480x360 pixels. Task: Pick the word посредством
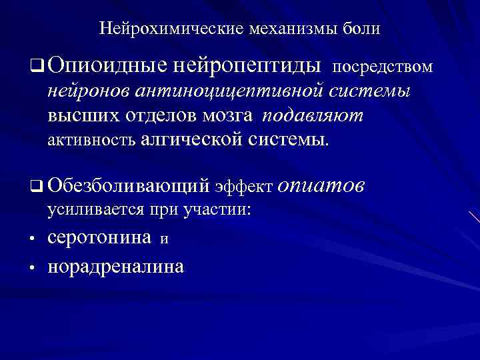click(382, 67)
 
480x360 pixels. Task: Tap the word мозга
click(225, 115)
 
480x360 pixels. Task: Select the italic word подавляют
click(313, 115)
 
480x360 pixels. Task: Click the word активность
click(91, 141)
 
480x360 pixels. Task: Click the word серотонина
click(99, 238)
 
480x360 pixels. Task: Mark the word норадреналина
click(116, 267)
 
